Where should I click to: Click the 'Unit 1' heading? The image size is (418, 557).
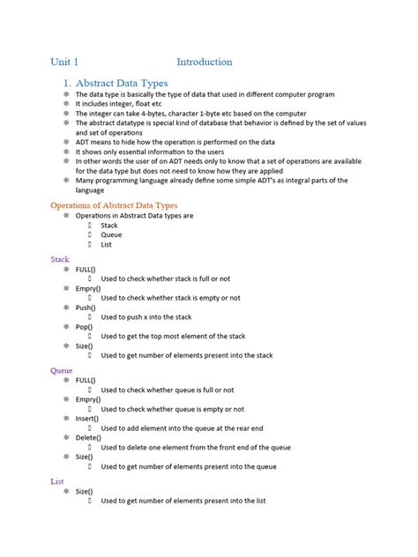64,62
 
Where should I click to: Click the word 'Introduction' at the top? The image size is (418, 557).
204,62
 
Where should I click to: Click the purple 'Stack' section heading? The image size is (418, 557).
60,259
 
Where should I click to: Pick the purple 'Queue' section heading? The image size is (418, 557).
62,370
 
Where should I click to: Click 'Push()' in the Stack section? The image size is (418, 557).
86,308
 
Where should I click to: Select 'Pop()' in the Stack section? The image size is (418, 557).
85,327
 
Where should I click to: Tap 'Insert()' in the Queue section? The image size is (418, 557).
87,419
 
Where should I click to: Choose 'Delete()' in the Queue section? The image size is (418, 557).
88,438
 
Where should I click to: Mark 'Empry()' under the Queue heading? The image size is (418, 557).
88,399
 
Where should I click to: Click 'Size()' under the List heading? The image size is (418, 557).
86,491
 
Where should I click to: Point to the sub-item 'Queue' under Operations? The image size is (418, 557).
111,234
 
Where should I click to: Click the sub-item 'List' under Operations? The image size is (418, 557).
107,244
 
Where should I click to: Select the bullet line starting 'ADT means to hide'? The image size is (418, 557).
175,141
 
